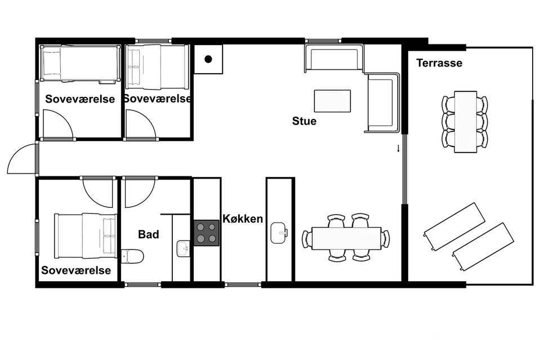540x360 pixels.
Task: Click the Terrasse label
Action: point(439,63)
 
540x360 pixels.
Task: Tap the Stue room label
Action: point(304,121)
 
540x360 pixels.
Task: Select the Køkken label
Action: point(243,219)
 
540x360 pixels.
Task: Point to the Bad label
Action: point(149,234)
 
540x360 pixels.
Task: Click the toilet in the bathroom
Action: point(132,256)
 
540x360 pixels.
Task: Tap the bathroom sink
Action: point(183,248)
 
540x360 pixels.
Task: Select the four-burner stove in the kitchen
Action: point(207,233)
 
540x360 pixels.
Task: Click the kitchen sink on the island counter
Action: point(279,233)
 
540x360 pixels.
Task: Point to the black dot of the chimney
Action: point(208,59)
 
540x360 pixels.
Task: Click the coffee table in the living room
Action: point(332,101)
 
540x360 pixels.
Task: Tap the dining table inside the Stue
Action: point(346,238)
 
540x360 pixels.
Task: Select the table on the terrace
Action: point(465,122)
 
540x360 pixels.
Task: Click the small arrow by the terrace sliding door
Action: point(399,149)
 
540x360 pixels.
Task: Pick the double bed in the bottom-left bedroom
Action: point(86,235)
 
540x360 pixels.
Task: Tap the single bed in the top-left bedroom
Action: point(81,64)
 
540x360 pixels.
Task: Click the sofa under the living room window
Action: point(334,59)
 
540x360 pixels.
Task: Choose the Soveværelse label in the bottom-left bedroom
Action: point(76,270)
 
